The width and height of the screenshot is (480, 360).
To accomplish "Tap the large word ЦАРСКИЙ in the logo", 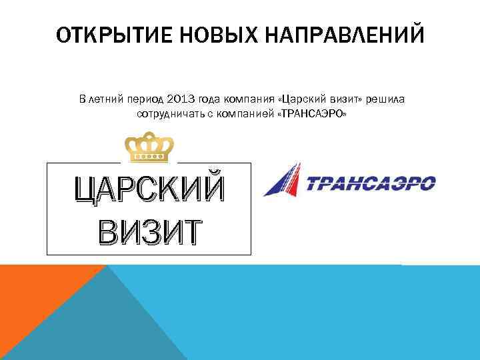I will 149,190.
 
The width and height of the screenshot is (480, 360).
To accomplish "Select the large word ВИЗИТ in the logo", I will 149,230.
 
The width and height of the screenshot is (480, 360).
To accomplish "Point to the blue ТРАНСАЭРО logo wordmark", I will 371,183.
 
